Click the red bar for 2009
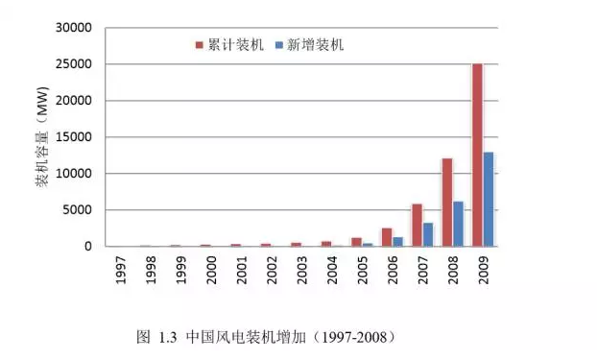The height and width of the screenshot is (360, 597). click(477, 155)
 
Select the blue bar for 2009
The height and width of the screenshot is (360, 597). click(490, 199)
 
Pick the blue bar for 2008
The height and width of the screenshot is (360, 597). click(459, 224)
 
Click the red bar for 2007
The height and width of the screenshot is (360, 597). click(417, 225)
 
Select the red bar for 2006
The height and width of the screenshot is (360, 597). click(387, 237)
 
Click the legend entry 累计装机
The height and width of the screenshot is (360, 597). click(229, 45)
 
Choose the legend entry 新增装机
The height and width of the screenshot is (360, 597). click(308, 45)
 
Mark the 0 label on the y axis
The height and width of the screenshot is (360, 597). click(87, 247)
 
